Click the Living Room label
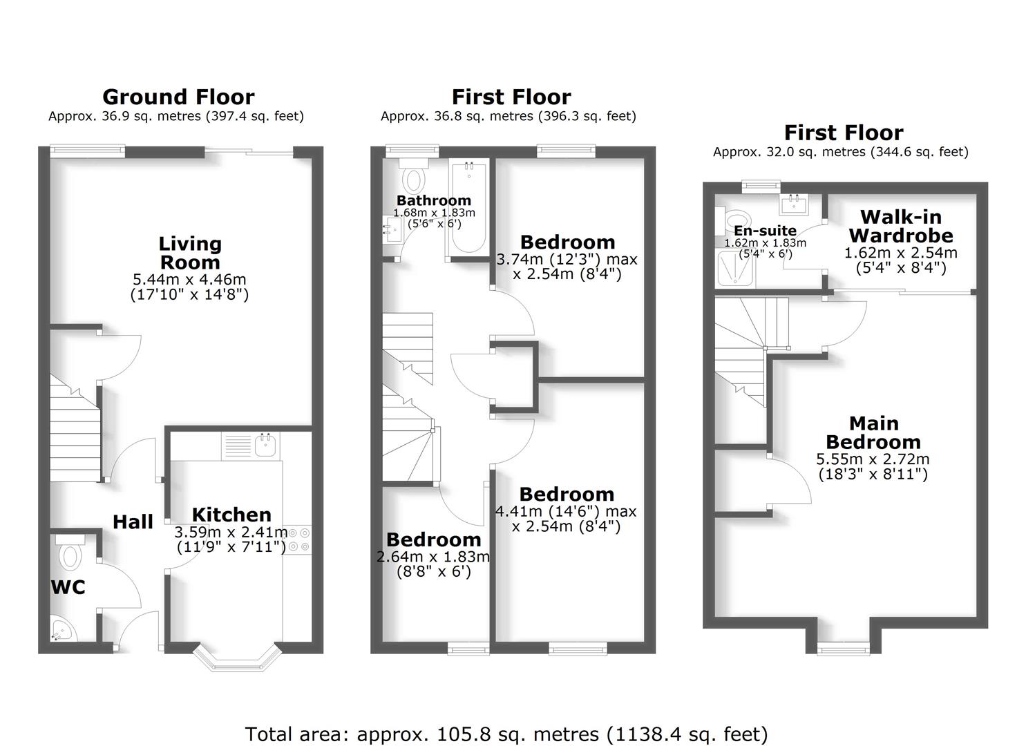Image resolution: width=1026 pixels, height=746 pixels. point(190,253)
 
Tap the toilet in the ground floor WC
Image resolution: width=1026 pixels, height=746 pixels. point(70,554)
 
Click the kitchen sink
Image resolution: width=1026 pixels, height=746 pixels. point(265,445)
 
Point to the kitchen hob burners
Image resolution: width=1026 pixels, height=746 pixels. point(298,539)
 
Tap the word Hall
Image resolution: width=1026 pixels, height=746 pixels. point(133,522)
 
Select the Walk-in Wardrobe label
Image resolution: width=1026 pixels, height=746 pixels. point(901,226)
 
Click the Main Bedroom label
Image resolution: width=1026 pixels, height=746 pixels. point(873,432)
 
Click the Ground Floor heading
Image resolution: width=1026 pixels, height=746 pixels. point(178,97)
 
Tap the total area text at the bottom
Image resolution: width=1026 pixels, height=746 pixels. point(506,734)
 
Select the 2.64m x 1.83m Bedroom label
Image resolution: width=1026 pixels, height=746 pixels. point(433,539)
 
